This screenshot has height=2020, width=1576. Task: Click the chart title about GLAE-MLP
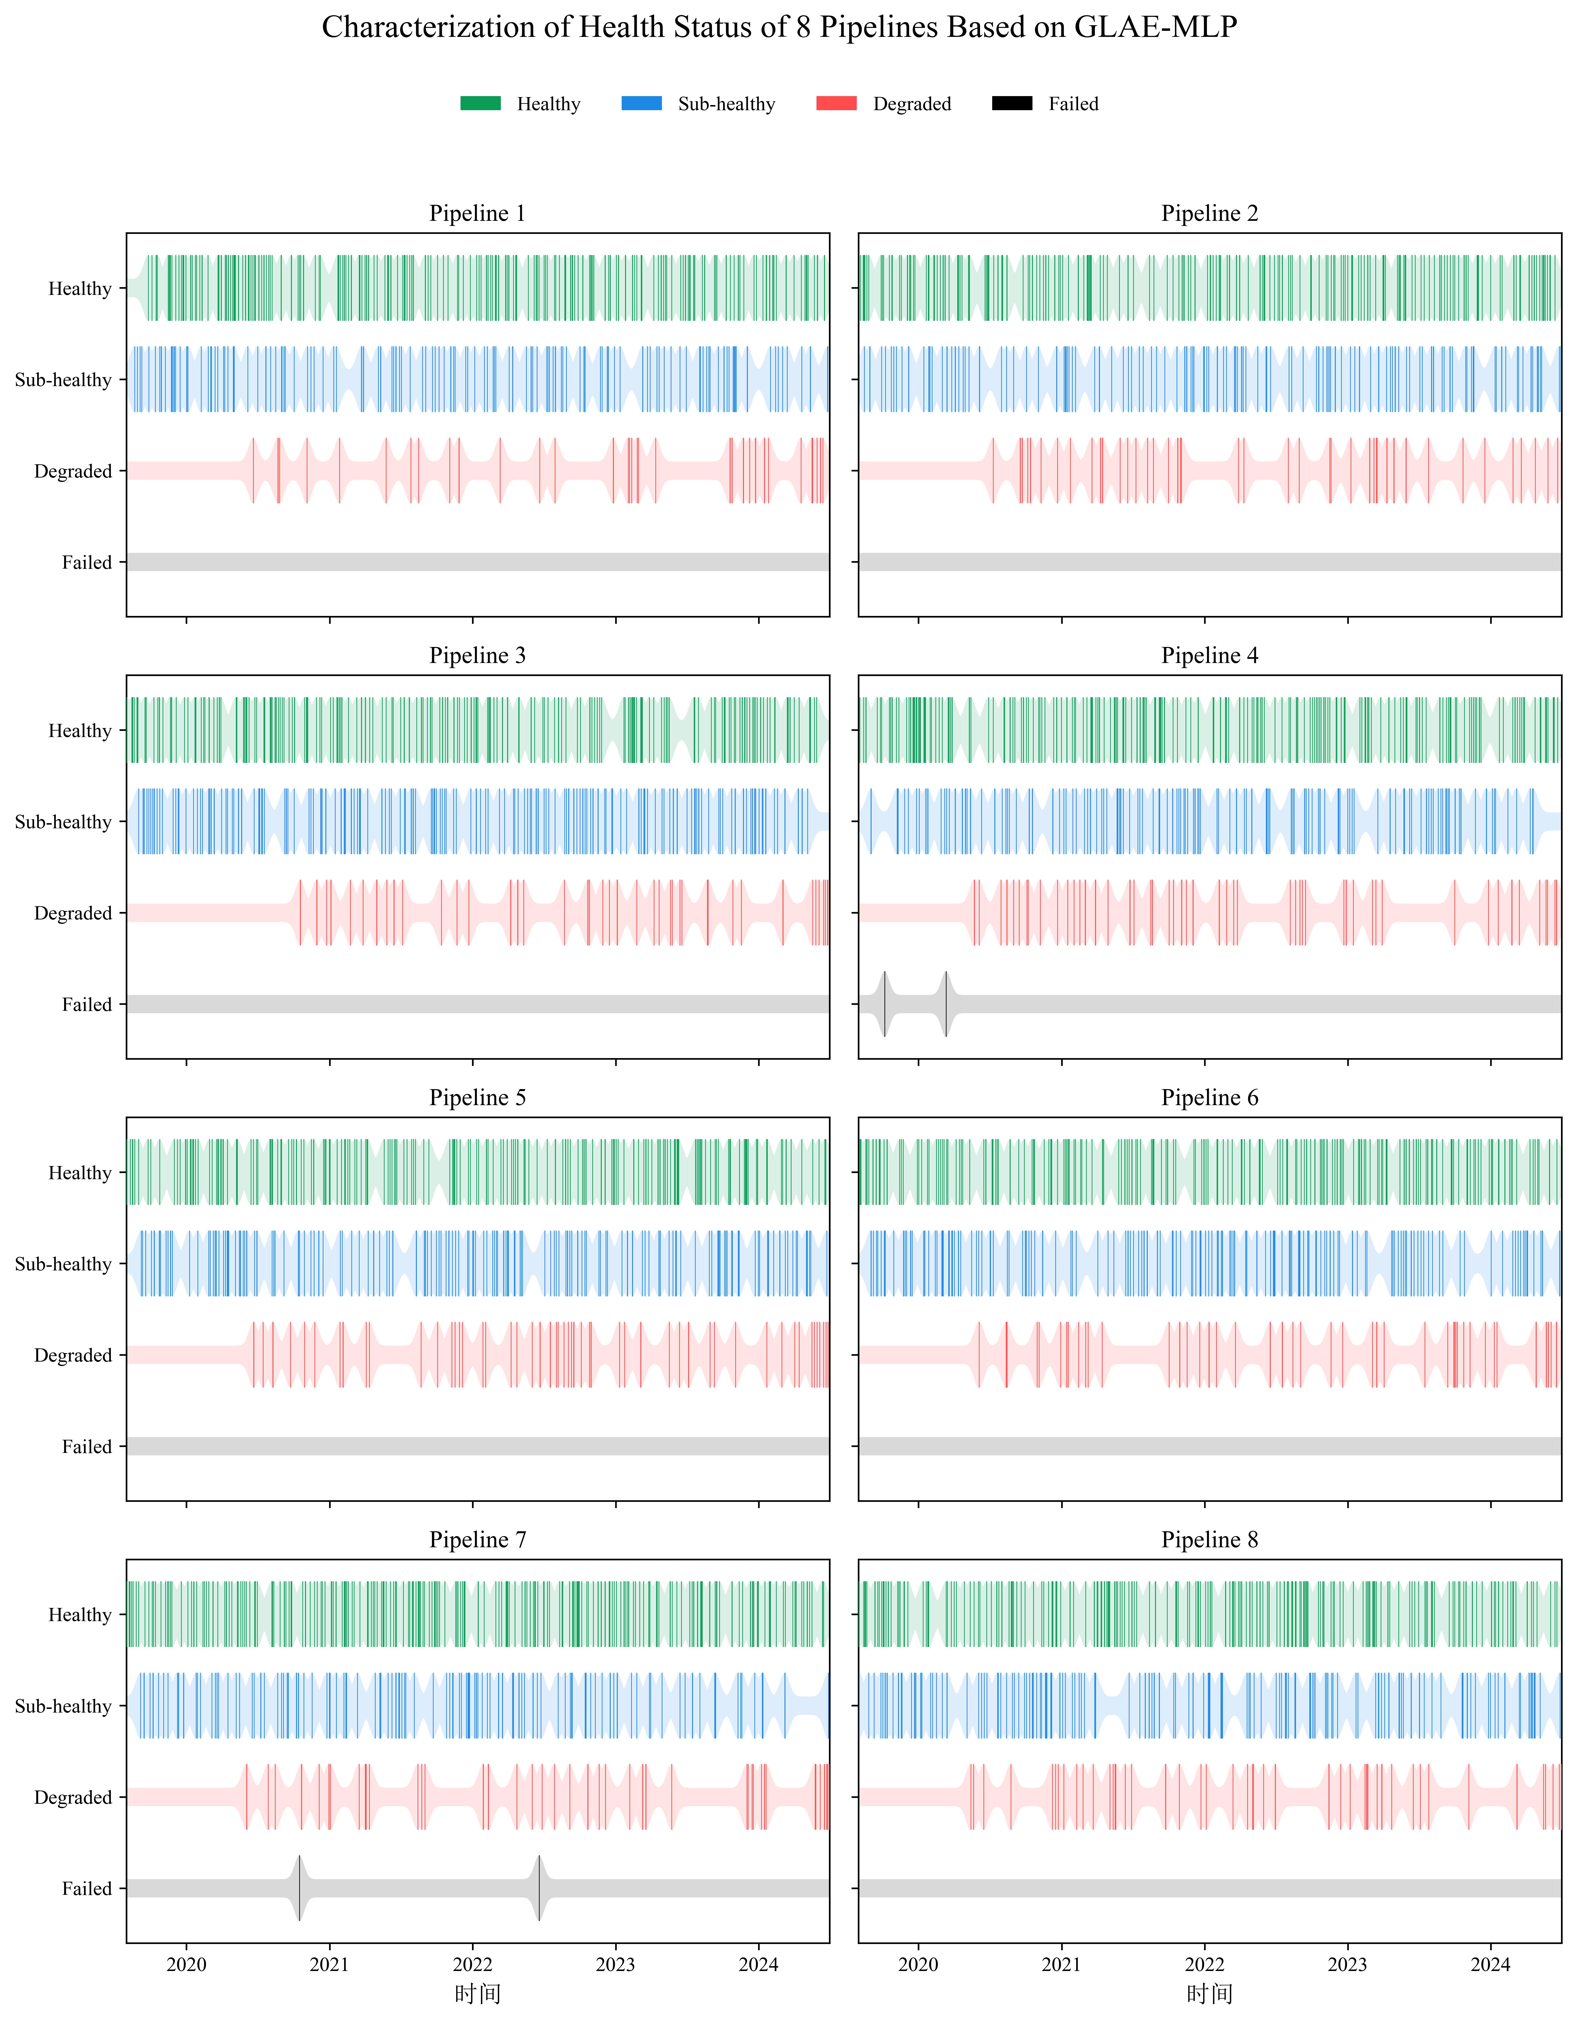(779, 28)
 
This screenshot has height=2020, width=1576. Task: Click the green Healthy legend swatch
(481, 104)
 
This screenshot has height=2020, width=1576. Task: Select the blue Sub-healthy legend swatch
(642, 104)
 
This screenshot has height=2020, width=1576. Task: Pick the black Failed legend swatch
(1012, 104)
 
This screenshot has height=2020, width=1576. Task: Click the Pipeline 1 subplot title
(477, 214)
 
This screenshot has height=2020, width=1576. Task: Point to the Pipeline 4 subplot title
(1210, 656)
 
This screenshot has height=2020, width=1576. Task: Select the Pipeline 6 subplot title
(1210, 1098)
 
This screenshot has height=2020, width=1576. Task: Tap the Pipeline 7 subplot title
(477, 1540)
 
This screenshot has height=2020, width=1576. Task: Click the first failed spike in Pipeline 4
(885, 1004)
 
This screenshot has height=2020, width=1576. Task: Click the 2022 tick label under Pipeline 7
(473, 1964)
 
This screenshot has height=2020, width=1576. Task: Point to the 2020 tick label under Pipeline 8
(918, 1964)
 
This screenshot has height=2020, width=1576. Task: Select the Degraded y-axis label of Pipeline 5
(73, 1355)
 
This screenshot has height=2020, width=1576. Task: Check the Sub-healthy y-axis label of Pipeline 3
(63, 822)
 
